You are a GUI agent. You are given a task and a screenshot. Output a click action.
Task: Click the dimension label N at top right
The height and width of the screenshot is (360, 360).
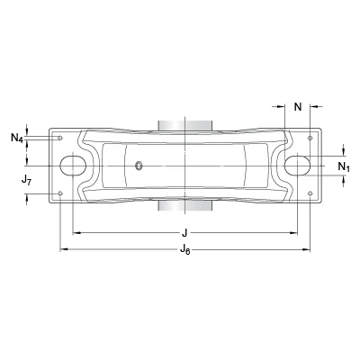[298, 107]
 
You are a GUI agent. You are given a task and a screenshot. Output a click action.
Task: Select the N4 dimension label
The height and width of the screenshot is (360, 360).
[17, 138]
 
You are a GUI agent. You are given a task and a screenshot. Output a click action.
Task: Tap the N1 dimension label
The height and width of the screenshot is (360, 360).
[344, 166]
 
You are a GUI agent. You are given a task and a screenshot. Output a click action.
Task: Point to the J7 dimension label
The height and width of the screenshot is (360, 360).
[26, 180]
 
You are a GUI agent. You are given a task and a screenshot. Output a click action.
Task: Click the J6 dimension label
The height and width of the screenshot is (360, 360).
[185, 249]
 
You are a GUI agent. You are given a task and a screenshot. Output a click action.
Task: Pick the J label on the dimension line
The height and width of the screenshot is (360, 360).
[184, 232]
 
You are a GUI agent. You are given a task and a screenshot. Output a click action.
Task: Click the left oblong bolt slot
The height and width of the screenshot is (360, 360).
[73, 166]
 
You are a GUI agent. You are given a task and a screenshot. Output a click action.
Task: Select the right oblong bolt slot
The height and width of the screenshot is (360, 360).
[297, 166]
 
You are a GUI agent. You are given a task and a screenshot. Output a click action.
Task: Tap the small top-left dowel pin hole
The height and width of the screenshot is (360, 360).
[60, 138]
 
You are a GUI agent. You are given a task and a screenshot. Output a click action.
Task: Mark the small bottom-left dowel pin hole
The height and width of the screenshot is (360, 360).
[60, 193]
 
